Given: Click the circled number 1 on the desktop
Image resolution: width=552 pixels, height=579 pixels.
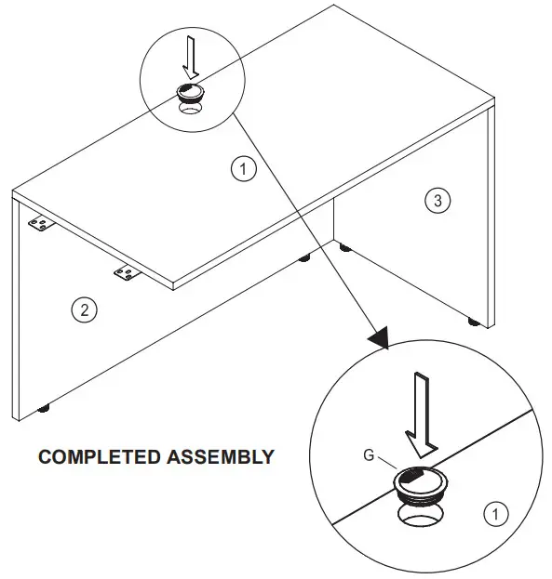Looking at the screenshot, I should [242, 169].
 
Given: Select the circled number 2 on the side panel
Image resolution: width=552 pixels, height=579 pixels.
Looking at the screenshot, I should [84, 311].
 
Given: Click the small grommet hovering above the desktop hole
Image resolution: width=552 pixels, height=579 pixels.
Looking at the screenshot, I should [191, 91].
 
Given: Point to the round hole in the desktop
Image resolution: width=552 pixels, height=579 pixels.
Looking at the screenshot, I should [193, 107].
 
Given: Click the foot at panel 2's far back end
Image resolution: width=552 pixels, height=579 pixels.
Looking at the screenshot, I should [303, 259].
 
